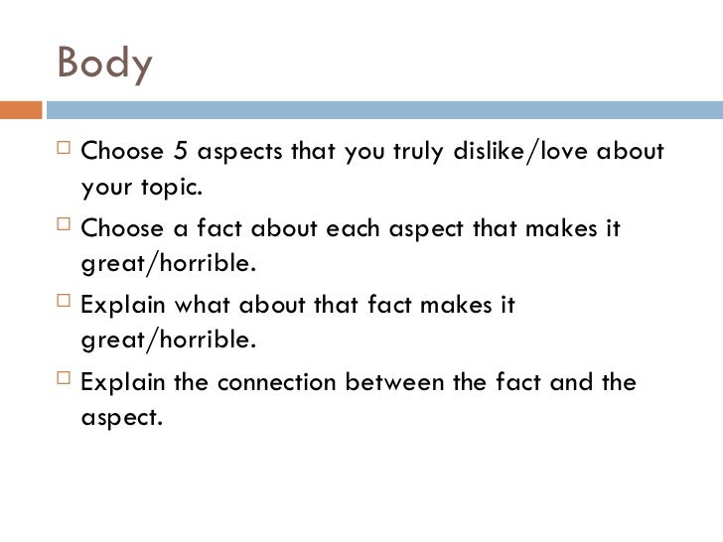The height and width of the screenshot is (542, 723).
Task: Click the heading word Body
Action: (104, 63)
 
